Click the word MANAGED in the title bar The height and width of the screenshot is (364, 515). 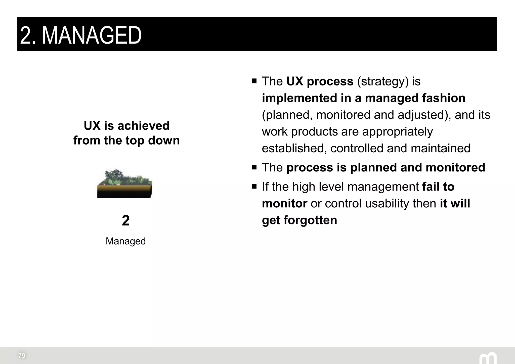pos(92,36)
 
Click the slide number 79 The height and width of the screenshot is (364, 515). pos(22,355)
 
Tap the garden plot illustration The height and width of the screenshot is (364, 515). pos(125,184)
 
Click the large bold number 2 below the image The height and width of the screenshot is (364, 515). pos(125,220)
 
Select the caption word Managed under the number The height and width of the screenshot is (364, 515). pos(125,241)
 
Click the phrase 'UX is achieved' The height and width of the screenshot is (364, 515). pos(126,125)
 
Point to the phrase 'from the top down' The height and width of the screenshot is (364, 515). pos(126,140)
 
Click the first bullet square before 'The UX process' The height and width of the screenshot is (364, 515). pos(254,81)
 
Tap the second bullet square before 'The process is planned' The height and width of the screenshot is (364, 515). pos(254,167)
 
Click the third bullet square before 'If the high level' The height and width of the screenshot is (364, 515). pos(254,187)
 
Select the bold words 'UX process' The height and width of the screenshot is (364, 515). pos(320,81)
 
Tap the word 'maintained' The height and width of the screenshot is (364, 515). pos(440,148)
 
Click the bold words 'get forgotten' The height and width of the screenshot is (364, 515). pos(299,220)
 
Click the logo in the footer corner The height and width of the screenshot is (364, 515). pos(488,358)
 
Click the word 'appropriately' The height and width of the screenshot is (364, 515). pos(397,131)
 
